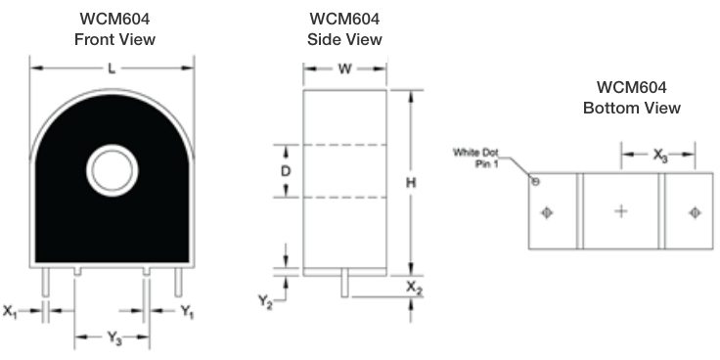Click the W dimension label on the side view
coord(344,68)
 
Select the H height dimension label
coord(412,182)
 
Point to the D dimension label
coord(286,171)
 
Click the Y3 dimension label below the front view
coord(113,338)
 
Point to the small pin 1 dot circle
coord(534,181)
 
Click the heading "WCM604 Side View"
coord(345,29)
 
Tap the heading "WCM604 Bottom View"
coord(631,97)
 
